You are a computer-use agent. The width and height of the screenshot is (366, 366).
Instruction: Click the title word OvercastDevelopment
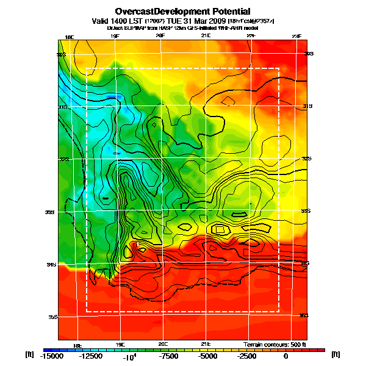[x=158, y=11]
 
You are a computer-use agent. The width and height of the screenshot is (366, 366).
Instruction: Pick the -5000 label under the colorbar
[x=209, y=356]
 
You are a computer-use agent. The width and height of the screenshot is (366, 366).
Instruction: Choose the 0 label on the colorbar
[x=285, y=356]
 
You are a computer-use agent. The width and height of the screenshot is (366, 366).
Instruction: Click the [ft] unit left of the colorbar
[x=29, y=354]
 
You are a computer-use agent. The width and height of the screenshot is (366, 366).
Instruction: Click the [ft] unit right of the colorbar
[x=335, y=354]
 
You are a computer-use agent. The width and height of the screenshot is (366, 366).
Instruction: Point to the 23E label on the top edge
[x=296, y=37]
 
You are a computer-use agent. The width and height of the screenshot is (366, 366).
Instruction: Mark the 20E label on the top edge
[x=160, y=37]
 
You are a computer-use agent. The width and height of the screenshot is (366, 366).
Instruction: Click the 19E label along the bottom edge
[x=120, y=344]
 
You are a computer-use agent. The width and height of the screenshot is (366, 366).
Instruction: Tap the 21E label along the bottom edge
[x=206, y=344]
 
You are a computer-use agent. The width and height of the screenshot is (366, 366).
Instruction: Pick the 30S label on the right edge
[x=309, y=54]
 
